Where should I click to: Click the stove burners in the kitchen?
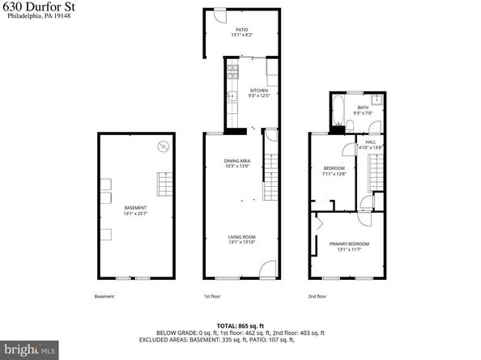[231, 69]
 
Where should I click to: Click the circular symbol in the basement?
[162, 146]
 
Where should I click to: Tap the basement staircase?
[165, 185]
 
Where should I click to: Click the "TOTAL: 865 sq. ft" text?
[240, 324]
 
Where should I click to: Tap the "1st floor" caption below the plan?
[211, 296]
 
